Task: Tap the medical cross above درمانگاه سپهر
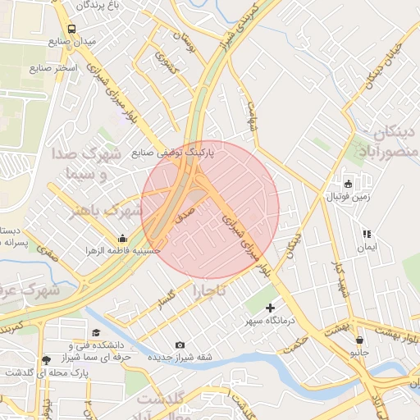pos(270,308)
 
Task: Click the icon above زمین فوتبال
pos(346,183)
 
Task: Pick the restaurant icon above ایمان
pos(366,234)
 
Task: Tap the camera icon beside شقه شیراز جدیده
pos(180,345)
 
